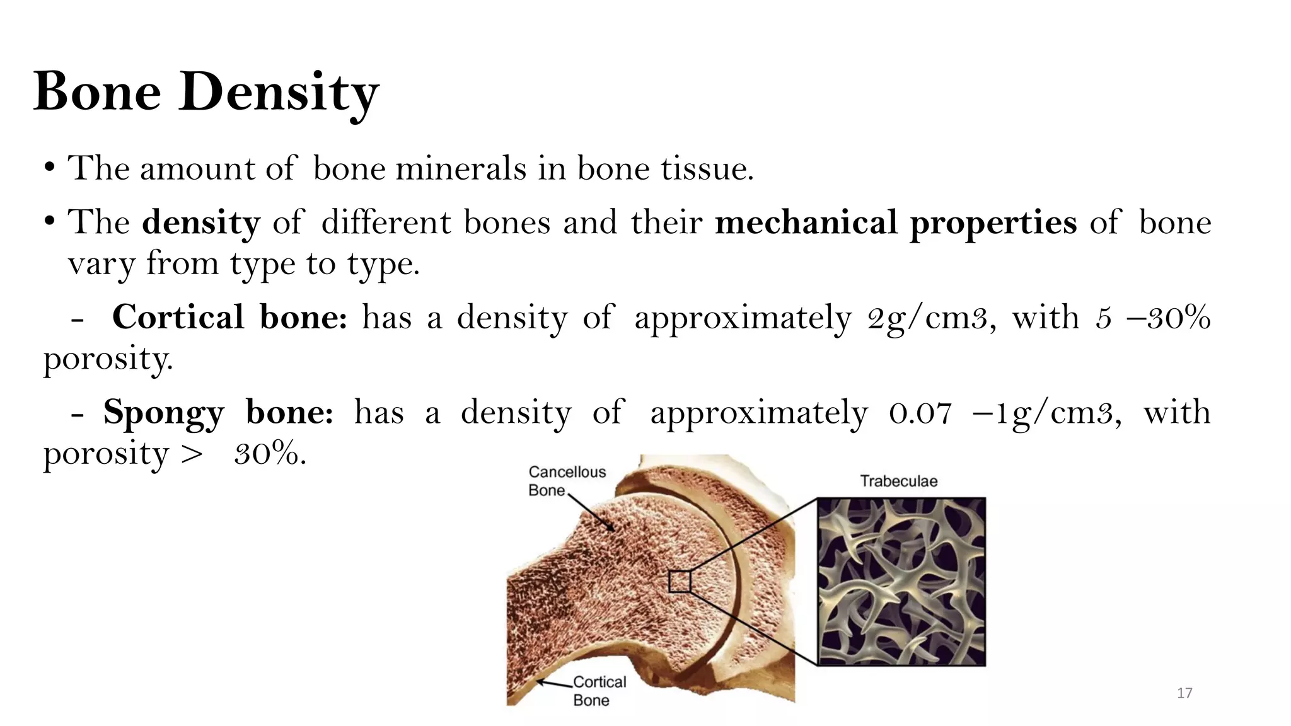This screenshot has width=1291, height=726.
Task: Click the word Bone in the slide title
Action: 97,92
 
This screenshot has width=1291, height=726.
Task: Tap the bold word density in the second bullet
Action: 201,222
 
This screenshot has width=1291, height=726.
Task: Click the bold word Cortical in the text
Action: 178,317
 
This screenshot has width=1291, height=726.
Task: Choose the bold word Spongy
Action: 164,413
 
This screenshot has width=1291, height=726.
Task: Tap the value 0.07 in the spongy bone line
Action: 920,413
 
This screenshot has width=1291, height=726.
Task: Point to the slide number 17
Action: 1184,693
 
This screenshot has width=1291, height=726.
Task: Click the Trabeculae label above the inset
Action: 898,481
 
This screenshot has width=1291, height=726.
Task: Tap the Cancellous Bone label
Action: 566,481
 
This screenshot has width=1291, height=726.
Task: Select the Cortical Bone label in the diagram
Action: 599,691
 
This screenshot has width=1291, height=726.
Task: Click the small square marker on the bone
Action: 680,581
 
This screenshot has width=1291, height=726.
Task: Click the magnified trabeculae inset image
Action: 901,581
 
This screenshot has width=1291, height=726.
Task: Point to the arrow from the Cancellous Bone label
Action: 591,512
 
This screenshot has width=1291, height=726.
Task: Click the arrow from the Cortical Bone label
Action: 554,684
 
